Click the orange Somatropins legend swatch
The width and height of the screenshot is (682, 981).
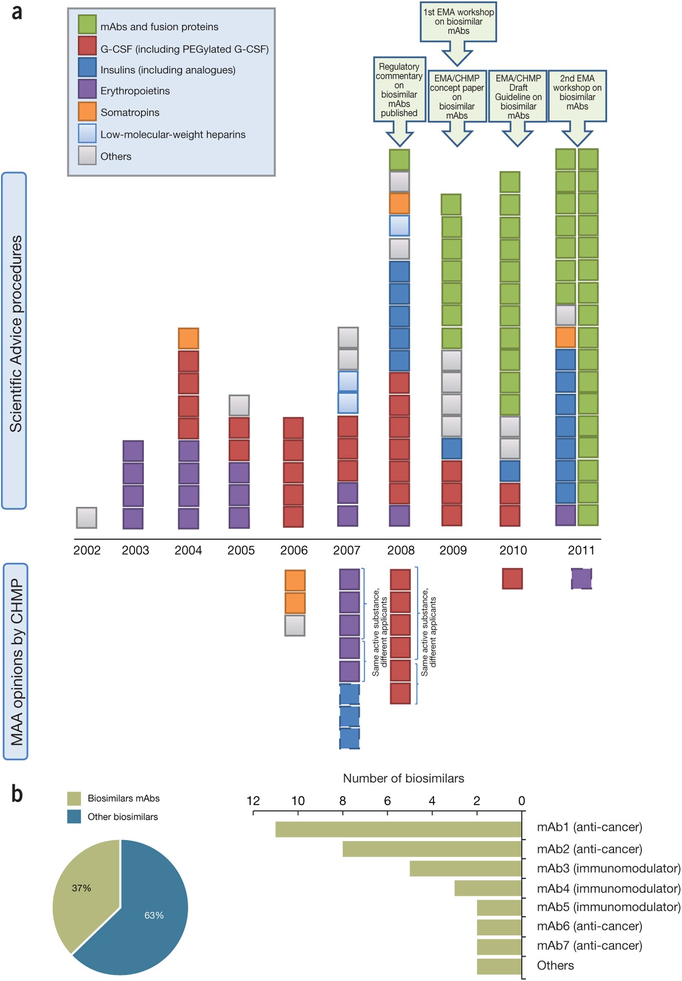(87, 111)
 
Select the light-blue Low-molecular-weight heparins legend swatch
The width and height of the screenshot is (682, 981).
(87, 133)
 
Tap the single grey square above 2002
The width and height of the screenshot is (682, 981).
(87, 518)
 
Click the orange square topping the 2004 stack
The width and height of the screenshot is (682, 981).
(188, 338)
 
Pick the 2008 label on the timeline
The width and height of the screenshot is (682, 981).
(401, 550)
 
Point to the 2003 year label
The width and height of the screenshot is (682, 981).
(135, 550)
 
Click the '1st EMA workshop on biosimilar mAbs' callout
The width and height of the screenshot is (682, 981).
(458, 22)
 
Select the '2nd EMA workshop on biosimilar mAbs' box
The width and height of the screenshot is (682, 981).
(577, 95)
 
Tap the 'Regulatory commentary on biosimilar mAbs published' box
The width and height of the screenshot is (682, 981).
(399, 89)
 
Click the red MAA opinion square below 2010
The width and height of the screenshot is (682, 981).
(512, 579)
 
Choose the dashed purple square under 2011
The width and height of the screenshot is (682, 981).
(581, 579)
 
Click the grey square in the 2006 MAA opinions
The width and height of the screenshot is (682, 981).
(295, 625)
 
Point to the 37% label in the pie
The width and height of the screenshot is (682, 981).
(82, 888)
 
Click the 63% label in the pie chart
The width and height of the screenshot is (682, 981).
(154, 916)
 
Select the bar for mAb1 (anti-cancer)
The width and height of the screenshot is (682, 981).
(398, 829)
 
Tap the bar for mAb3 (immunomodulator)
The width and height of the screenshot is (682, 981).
(465, 869)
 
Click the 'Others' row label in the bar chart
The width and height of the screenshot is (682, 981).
(555, 965)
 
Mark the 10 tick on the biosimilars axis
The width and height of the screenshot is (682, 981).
(298, 801)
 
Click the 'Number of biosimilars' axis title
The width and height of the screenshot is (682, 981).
(403, 779)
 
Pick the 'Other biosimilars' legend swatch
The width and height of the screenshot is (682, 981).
(74, 817)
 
